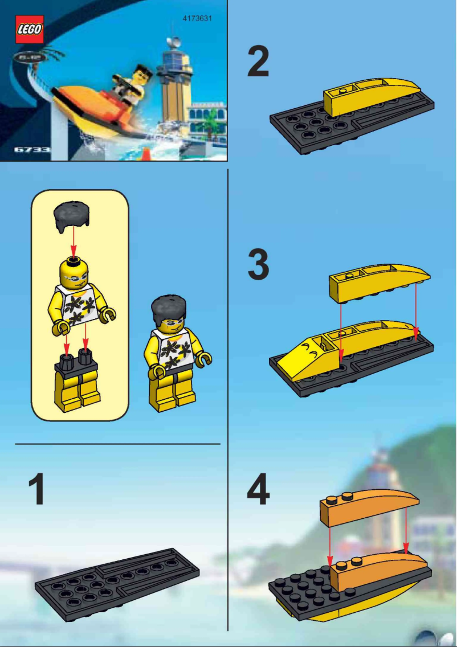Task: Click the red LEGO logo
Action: click(28, 30)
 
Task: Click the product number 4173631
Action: click(197, 18)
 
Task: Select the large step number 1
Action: click(38, 490)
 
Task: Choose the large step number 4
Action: click(258, 490)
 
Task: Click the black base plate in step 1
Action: click(117, 581)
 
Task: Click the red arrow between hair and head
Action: click(73, 244)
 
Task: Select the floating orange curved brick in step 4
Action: click(369, 505)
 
